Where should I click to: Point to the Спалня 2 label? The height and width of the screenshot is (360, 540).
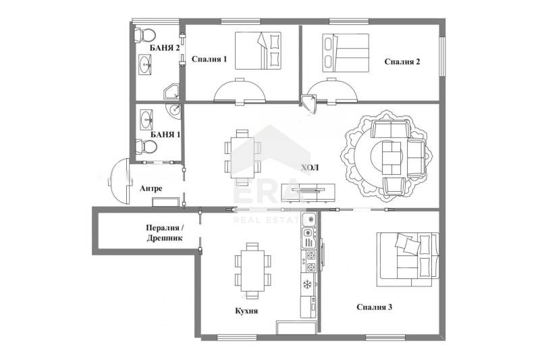tap(402, 63)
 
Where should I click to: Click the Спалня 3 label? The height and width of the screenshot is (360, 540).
tap(375, 307)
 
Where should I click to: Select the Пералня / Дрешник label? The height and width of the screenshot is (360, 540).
tap(164, 233)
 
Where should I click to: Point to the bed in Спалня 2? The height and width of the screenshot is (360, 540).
tap(346, 52)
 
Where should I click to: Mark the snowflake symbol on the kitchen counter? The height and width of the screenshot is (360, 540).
tap(308, 284)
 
